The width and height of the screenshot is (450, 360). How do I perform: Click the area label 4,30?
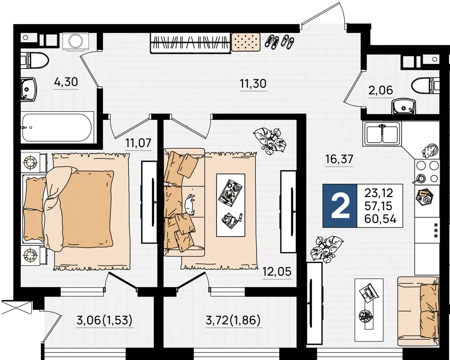tap(66, 82)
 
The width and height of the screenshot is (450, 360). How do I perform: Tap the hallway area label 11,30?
tap(253, 84)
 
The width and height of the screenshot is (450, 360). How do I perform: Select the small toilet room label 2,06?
tap(381, 90)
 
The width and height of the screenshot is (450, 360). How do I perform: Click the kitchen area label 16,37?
tap(339, 159)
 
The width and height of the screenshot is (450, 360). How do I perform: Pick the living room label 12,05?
tap(277, 271)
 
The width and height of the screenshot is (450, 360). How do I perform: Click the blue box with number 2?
tap(340, 206)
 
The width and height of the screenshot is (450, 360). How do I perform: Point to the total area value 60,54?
tap(380, 219)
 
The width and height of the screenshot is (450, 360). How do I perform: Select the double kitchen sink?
tap(382, 134)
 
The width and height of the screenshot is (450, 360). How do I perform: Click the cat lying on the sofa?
tap(190, 204)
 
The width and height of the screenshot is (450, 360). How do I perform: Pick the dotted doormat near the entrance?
tap(246, 42)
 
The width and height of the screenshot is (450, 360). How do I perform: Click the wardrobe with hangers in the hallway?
tap(190, 43)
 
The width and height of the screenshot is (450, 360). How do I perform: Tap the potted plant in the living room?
tap(269, 141)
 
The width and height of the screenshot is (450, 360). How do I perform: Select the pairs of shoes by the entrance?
tap(279, 42)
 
